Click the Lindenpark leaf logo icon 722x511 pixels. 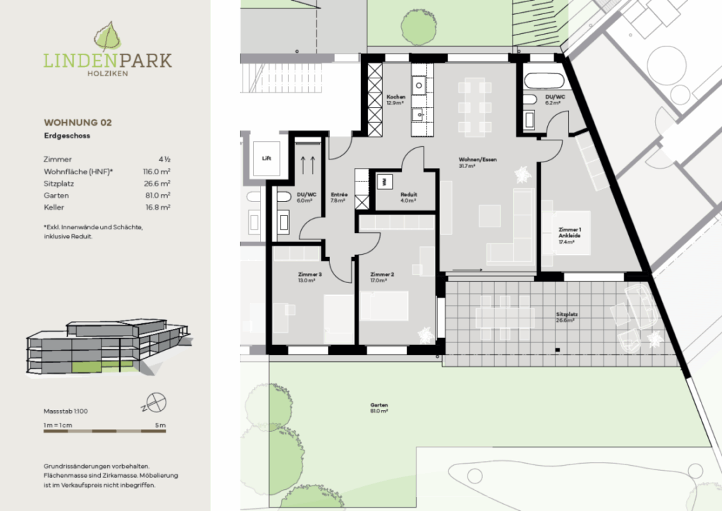(x=107, y=37)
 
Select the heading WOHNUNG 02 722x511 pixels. (x=78, y=122)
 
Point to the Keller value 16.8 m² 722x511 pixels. (x=158, y=208)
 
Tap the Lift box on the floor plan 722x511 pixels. (x=267, y=159)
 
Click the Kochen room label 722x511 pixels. (x=395, y=99)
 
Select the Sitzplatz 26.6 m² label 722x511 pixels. (x=565, y=317)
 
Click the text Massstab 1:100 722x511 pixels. (x=66, y=410)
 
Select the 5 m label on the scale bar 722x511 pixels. (x=161, y=426)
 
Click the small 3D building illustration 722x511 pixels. (x=106, y=350)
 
